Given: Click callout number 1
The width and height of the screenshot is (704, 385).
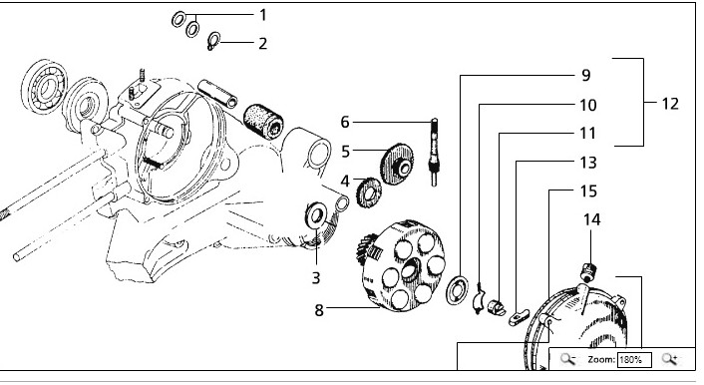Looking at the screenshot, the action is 263,15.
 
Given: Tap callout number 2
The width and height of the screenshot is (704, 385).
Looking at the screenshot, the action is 263,44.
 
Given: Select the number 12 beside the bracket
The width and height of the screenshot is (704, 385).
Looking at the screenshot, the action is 670,104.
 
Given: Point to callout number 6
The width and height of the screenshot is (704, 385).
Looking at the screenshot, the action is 345,122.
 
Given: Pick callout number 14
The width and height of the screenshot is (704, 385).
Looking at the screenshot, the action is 591,219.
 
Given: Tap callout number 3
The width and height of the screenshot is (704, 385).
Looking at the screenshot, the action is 316,278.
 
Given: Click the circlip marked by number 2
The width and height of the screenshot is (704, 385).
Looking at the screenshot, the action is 213,41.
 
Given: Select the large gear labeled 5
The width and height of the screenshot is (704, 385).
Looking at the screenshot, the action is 397,164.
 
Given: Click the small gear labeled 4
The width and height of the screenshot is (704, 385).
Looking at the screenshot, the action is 369,192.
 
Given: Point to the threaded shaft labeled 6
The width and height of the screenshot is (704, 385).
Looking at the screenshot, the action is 434,152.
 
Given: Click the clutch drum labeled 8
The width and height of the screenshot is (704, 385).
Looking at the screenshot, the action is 402,266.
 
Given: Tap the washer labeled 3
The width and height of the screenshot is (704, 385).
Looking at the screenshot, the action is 316,215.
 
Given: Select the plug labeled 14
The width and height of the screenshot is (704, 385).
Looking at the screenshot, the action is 588,271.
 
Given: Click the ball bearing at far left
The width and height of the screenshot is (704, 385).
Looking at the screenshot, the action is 45,86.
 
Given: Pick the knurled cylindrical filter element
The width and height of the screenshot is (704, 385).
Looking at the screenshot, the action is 263,122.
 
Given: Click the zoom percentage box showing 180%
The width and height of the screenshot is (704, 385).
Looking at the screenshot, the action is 634,359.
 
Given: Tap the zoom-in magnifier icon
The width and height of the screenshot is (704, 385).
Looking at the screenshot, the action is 669,359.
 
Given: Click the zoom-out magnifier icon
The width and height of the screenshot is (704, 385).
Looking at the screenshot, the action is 568,359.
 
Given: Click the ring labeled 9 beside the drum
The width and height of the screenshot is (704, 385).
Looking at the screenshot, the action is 457,290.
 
